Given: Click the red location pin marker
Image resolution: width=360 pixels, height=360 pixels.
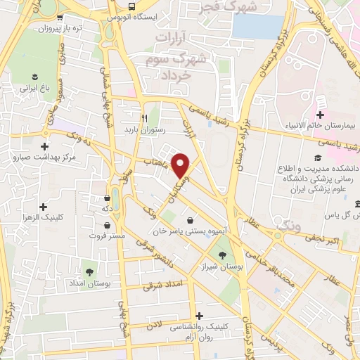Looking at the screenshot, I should [x=181, y=165].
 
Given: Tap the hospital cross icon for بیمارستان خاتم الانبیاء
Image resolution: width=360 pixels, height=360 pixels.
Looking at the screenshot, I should [x=320, y=115].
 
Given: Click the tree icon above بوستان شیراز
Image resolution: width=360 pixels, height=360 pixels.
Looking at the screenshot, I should [x=223, y=255].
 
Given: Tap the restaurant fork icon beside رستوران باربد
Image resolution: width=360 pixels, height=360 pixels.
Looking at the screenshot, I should [x=144, y=118].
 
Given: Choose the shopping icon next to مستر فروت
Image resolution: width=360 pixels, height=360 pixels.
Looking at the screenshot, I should [x=106, y=225].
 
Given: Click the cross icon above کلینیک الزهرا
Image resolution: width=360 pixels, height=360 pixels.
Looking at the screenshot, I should [x=44, y=207].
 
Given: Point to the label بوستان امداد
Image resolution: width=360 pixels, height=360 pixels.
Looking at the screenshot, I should [x=89, y=282].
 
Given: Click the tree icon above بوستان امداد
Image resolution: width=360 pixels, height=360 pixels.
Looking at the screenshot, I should [x=89, y=269].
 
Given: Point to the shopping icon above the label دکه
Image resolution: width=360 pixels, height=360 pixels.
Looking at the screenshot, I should [x=106, y=198].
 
